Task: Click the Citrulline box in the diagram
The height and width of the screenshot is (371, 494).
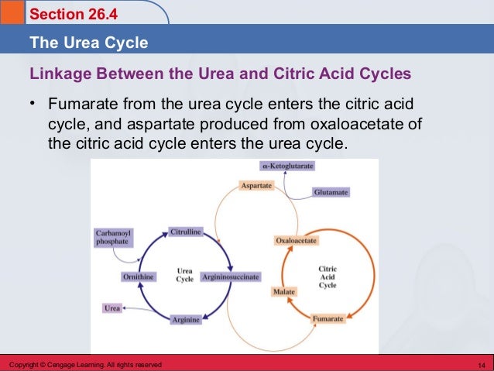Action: (186, 232)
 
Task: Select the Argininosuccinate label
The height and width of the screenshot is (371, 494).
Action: (231, 277)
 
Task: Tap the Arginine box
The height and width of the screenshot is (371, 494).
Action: (186, 319)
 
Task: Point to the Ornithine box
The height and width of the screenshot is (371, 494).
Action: (139, 277)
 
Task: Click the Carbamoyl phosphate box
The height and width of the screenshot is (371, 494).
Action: (113, 236)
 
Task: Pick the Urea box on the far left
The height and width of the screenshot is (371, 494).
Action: (112, 308)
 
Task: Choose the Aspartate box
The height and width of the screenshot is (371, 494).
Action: (256, 186)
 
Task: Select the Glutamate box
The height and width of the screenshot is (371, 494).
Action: (331, 191)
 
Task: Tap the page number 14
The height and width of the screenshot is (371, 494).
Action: (481, 365)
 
